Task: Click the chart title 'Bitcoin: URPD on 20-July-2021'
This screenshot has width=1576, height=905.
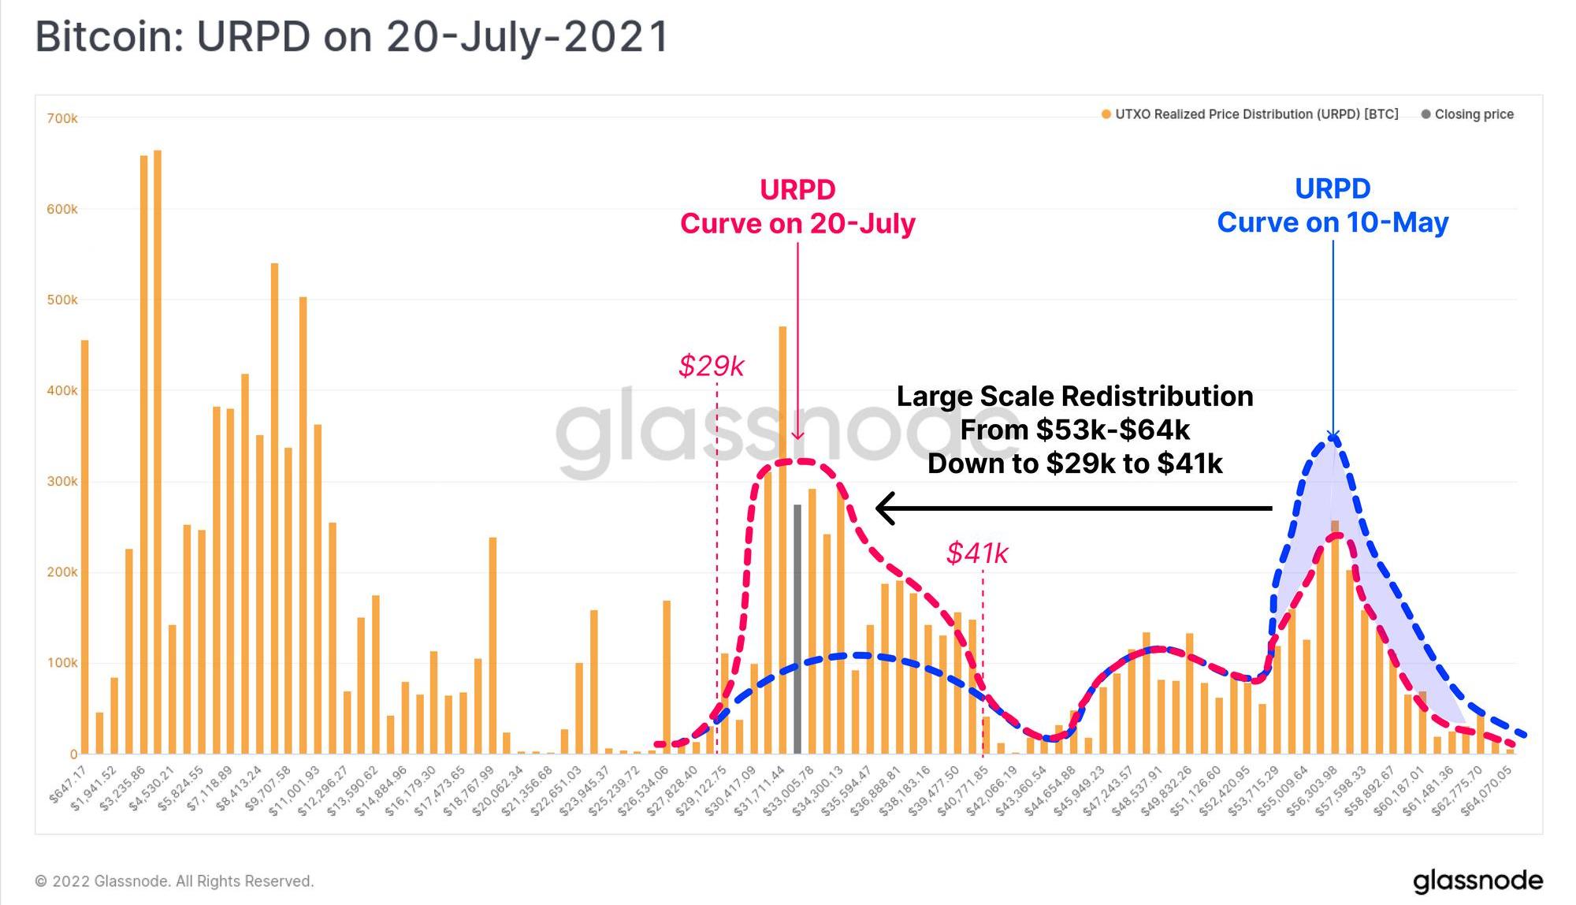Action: pyautogui.click(x=352, y=37)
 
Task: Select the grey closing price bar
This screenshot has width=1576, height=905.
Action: pyautogui.click(x=797, y=631)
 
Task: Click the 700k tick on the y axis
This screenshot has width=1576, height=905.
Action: pyautogui.click(x=63, y=118)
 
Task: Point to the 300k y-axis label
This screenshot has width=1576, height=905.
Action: pyautogui.click(x=63, y=482)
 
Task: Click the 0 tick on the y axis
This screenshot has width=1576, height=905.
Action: pyautogui.click(x=73, y=754)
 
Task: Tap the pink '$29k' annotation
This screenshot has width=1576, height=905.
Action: pyautogui.click(x=711, y=366)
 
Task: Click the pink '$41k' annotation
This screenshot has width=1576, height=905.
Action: pyautogui.click(x=977, y=553)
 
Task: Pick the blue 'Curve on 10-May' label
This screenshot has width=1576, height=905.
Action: pyautogui.click(x=1333, y=222)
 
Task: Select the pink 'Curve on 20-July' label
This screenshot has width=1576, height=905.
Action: pyautogui.click(x=797, y=223)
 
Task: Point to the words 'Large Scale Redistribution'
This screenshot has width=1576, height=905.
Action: pyautogui.click(x=1075, y=396)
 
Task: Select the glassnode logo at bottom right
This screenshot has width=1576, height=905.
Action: pyautogui.click(x=1477, y=881)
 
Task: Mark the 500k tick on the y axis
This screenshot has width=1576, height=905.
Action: pyautogui.click(x=63, y=300)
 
